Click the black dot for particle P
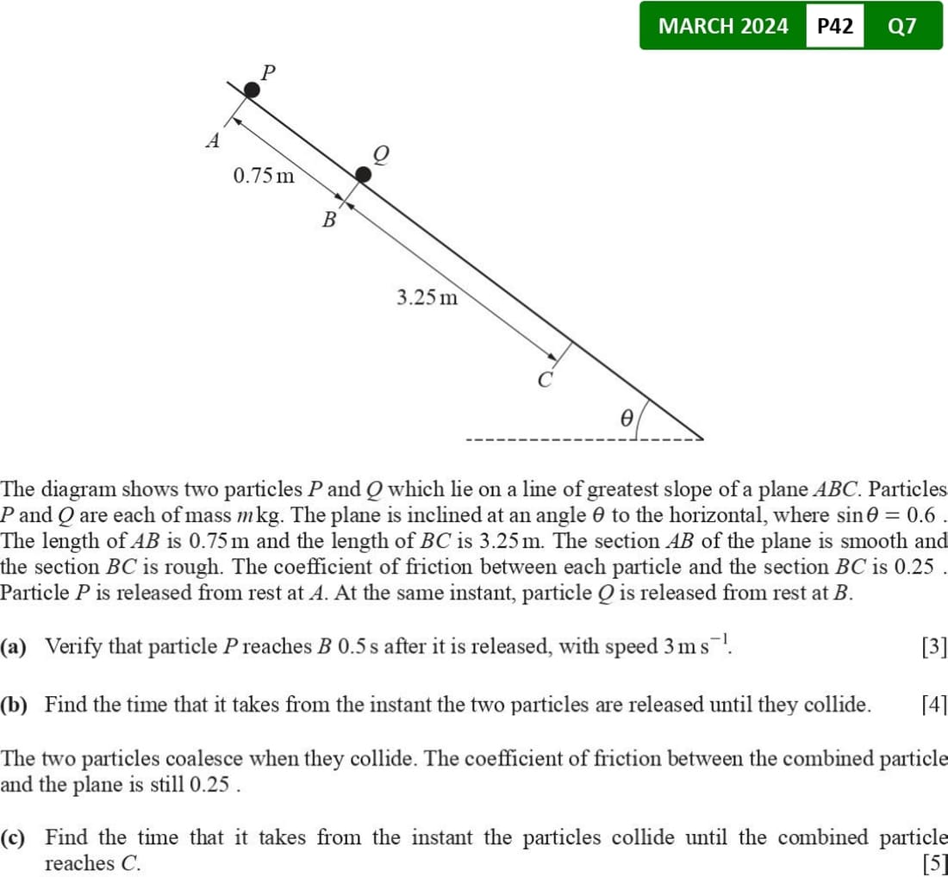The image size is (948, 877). coord(251,90)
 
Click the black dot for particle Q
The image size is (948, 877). coord(364,175)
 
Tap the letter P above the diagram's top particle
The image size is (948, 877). coord(268,72)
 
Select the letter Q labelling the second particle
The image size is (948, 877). coord(380,153)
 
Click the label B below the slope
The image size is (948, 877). coord(328,221)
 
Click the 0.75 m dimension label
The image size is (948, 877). coord(263,177)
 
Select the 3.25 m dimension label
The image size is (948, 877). coord(427,298)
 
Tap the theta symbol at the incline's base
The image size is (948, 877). coord(627,417)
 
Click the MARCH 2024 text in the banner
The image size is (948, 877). coord(722,26)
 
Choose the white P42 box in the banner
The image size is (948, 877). coord(834,26)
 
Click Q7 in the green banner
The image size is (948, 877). coord(901,26)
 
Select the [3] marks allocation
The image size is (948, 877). coord(933,646)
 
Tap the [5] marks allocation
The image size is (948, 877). coord(933,862)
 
